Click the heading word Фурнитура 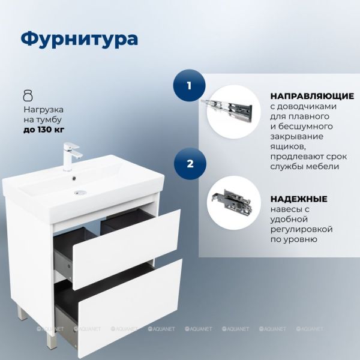pyautogui.click(x=79, y=39)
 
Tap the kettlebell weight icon pyautogui.click(x=28, y=95)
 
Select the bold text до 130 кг pyautogui.click(x=44, y=130)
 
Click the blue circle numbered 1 pyautogui.click(x=189, y=85)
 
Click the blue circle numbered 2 pyautogui.click(x=190, y=164)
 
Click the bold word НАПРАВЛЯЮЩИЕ pyautogui.click(x=312, y=96)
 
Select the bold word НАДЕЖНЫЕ pyautogui.click(x=299, y=199)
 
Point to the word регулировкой pyautogui.click(x=301, y=229)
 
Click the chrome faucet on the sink pyautogui.click(x=71, y=157)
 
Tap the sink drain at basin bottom pyautogui.click(x=80, y=192)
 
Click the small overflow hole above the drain pyautogui.click(x=74, y=177)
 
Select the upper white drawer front pyautogui.click(x=127, y=249)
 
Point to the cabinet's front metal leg pyautogui.click(x=51, y=340)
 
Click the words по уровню pyautogui.click(x=293, y=239)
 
